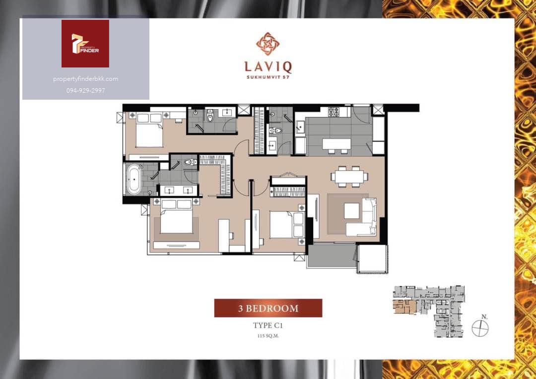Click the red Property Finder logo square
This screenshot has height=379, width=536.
(x=85, y=43)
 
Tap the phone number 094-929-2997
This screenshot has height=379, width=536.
(x=85, y=91)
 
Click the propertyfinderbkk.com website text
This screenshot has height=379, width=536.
(x=85, y=79)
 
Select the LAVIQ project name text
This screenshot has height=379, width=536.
(x=268, y=67)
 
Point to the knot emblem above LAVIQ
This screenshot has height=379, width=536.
(x=268, y=44)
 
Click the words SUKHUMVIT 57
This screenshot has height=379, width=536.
(x=268, y=77)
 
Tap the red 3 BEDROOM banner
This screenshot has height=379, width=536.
(x=268, y=308)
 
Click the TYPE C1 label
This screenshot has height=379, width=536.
(x=268, y=325)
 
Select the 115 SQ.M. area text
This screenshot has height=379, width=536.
(x=268, y=336)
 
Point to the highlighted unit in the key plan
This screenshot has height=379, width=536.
(x=404, y=307)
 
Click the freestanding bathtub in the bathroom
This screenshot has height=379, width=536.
(x=134, y=179)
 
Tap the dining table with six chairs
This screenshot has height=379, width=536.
(x=349, y=176)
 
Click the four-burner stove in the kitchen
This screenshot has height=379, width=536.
(x=334, y=112)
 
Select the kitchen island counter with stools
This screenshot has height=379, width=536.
(x=336, y=145)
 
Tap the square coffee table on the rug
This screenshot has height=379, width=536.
(x=351, y=210)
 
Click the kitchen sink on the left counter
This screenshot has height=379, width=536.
(x=300, y=127)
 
